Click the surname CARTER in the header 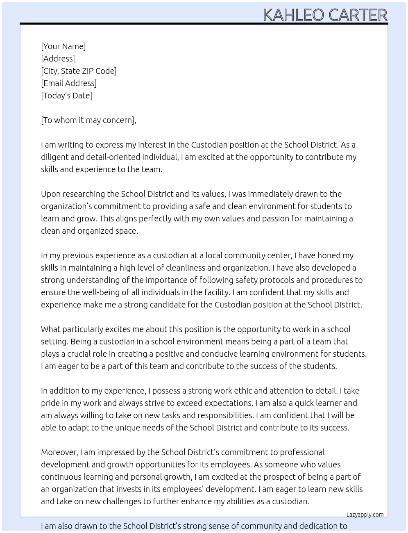[x=358, y=15]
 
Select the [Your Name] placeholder [x=63, y=46]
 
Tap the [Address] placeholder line [x=58, y=59]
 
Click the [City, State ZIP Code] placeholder [x=79, y=71]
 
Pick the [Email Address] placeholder [x=69, y=83]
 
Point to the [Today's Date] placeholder [x=66, y=96]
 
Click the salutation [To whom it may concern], [x=88, y=120]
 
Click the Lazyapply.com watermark [x=365, y=515]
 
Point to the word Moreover [x=59, y=452]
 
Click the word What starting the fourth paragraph [x=51, y=329]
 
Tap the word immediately [x=275, y=194]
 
